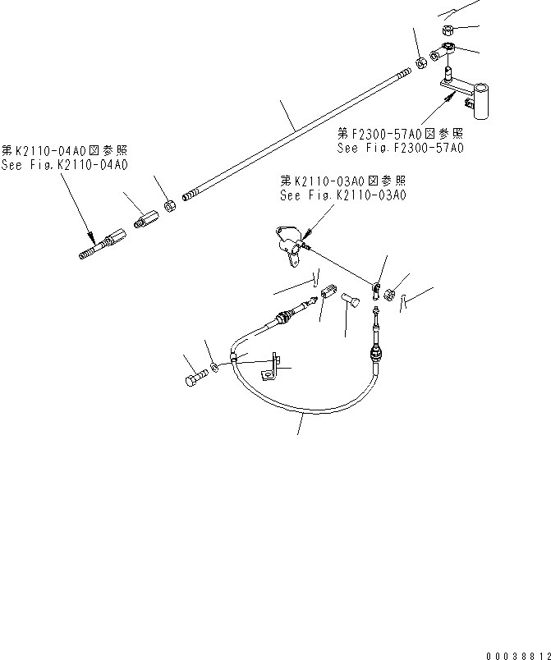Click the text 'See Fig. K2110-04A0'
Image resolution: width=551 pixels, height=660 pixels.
pyautogui.click(x=65, y=164)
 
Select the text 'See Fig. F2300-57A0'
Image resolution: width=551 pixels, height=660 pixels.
pyautogui.click(x=400, y=148)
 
